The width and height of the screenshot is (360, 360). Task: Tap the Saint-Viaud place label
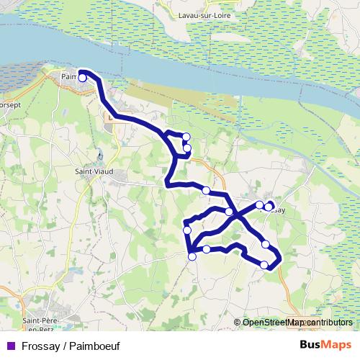[x=92, y=172]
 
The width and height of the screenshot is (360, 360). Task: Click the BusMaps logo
[x=325, y=344]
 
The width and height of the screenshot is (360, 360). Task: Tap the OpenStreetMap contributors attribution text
[x=297, y=322]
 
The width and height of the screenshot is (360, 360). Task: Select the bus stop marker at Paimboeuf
[x=82, y=78]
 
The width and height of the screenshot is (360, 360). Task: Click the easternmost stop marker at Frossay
[x=269, y=207]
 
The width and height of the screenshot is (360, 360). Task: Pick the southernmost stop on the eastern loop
[x=264, y=265]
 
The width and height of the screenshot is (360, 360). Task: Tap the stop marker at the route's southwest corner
[x=192, y=256]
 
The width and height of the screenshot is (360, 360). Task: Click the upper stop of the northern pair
[x=186, y=137]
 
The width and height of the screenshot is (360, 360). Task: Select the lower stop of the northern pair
[x=186, y=148]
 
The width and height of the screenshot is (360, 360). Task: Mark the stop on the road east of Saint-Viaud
[x=206, y=190]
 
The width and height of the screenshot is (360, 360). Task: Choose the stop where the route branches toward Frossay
[x=229, y=211]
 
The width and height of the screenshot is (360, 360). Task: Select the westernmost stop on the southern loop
[x=187, y=230]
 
